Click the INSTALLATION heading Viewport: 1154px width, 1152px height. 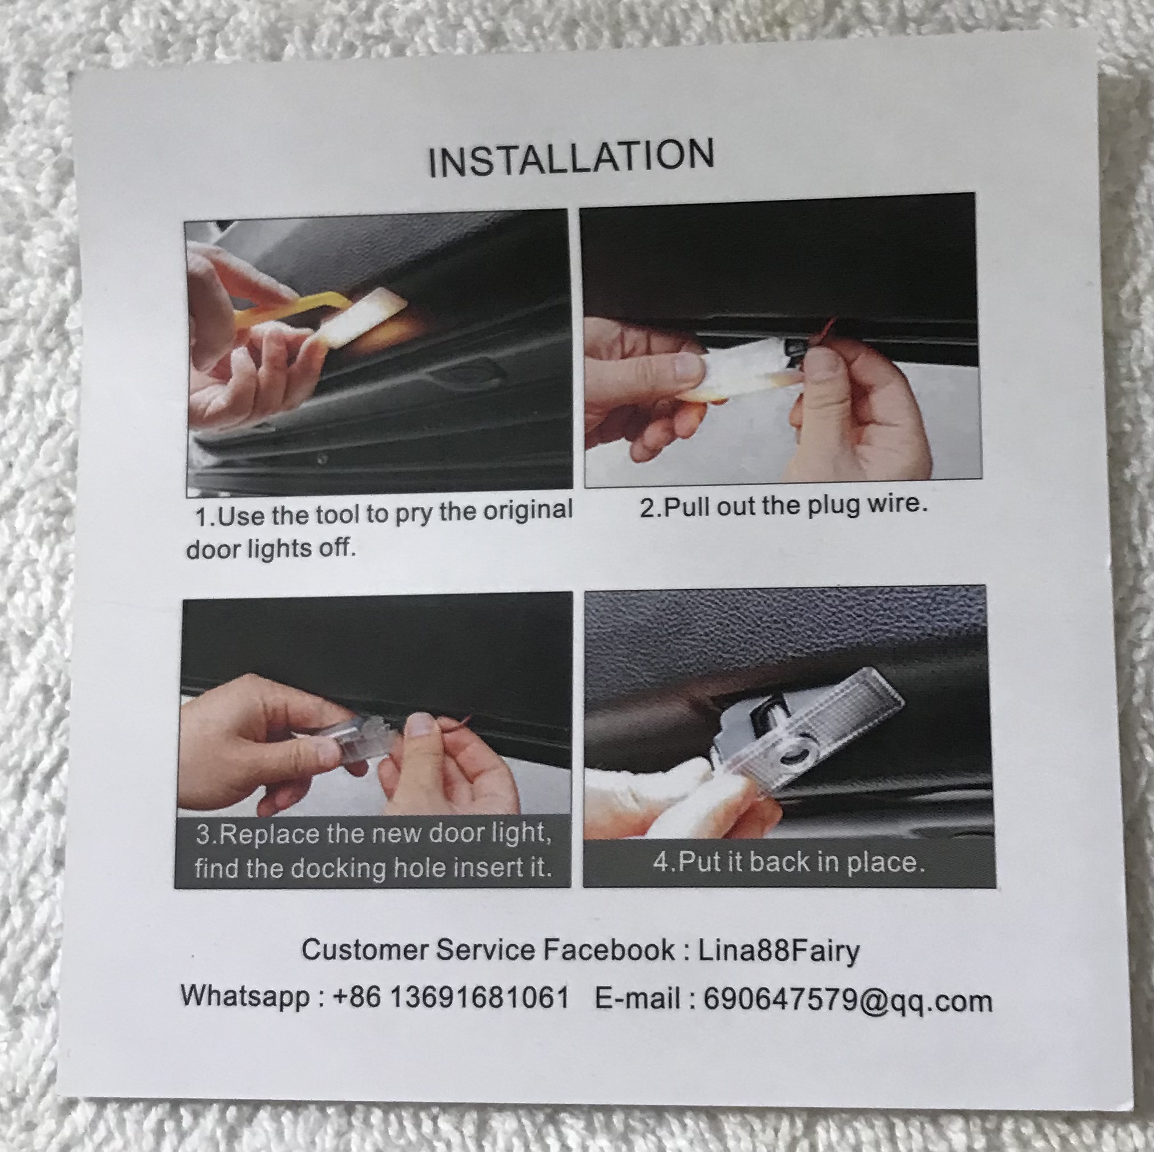point(572,158)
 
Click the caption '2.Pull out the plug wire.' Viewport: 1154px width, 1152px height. point(783,506)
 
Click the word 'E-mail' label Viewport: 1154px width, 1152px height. point(637,998)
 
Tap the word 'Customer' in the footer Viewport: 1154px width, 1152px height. point(364,950)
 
